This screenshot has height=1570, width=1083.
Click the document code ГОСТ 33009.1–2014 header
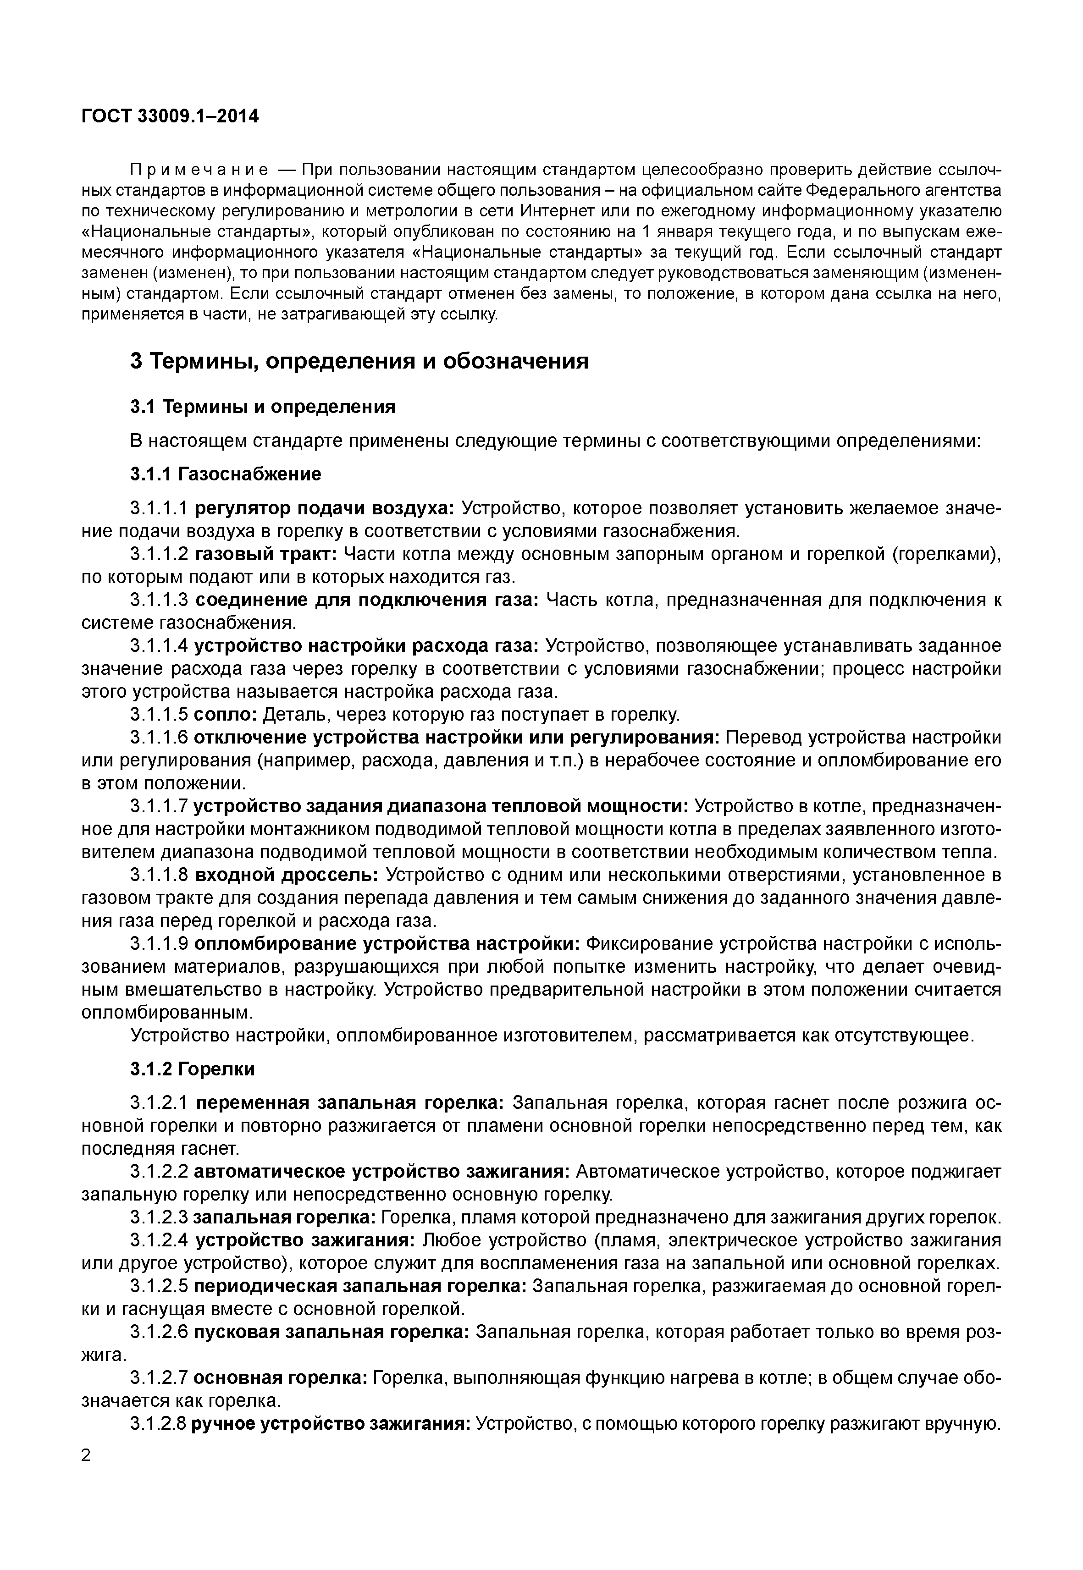click(170, 117)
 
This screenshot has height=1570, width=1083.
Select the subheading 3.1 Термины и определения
click(263, 407)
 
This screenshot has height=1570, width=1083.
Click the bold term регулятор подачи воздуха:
click(324, 508)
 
